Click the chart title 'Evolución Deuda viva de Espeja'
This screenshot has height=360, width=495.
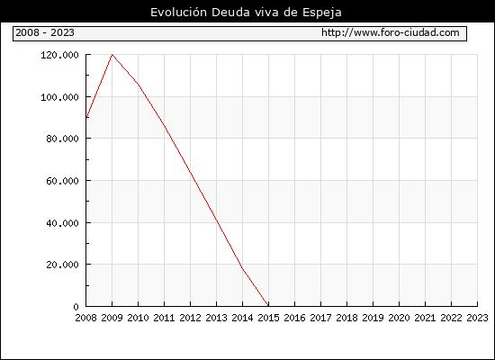(246, 13)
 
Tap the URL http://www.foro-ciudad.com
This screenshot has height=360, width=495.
(391, 32)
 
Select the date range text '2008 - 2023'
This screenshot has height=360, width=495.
(45, 32)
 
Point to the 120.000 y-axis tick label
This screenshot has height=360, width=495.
(59, 55)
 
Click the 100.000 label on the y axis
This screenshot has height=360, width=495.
(59, 97)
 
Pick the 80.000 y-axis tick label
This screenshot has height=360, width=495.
(62, 139)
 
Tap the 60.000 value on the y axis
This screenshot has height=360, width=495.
(62, 181)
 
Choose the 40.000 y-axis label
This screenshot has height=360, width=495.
(62, 223)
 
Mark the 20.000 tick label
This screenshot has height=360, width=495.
(62, 265)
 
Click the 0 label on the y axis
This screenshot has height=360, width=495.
(76, 307)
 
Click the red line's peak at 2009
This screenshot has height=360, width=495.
(112, 55)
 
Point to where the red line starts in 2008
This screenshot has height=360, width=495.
(86, 118)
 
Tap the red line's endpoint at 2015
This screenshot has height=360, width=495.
(268, 306)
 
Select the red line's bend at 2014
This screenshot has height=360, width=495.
(242, 269)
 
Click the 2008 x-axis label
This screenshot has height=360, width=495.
(85, 318)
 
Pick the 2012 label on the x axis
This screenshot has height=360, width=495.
(191, 318)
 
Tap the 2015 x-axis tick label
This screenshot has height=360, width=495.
(269, 318)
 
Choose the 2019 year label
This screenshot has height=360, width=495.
(373, 318)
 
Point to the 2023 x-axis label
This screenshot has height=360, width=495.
(477, 318)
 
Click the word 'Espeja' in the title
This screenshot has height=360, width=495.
(322, 13)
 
